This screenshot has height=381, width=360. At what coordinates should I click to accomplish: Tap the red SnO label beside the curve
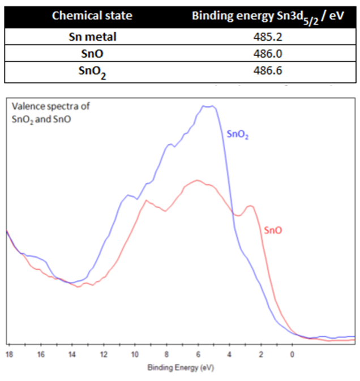[273, 230]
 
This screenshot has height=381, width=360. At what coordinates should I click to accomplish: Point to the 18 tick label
[9, 355]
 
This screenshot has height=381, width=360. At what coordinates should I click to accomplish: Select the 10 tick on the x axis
[135, 355]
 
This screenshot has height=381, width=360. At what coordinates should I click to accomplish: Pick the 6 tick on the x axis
[198, 355]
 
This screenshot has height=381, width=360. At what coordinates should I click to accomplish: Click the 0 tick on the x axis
[292, 355]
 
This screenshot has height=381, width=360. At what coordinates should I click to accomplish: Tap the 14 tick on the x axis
[72, 355]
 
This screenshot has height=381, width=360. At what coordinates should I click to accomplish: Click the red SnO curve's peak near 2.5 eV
[250, 206]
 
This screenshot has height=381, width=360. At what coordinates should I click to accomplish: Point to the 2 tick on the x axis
[261, 355]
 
